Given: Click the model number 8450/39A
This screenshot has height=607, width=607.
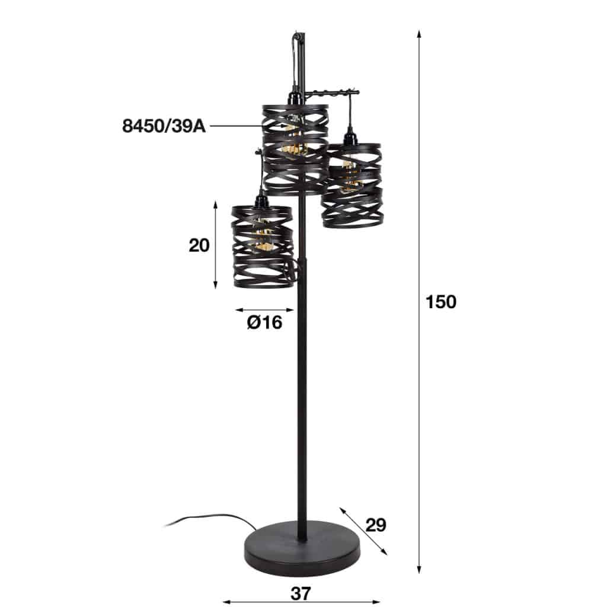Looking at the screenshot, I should click(x=164, y=126).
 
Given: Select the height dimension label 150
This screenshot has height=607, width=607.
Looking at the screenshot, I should click(x=441, y=302).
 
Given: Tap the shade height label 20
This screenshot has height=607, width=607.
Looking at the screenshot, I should click(x=199, y=245).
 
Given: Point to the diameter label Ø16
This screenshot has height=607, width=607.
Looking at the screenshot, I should click(x=264, y=322).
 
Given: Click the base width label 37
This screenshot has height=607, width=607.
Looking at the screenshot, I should click(x=302, y=592).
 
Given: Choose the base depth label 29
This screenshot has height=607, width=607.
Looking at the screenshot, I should click(x=376, y=525).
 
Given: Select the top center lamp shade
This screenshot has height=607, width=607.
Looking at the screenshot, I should click(x=295, y=148).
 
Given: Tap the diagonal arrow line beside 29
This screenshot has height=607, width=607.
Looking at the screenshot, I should click(x=363, y=531).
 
